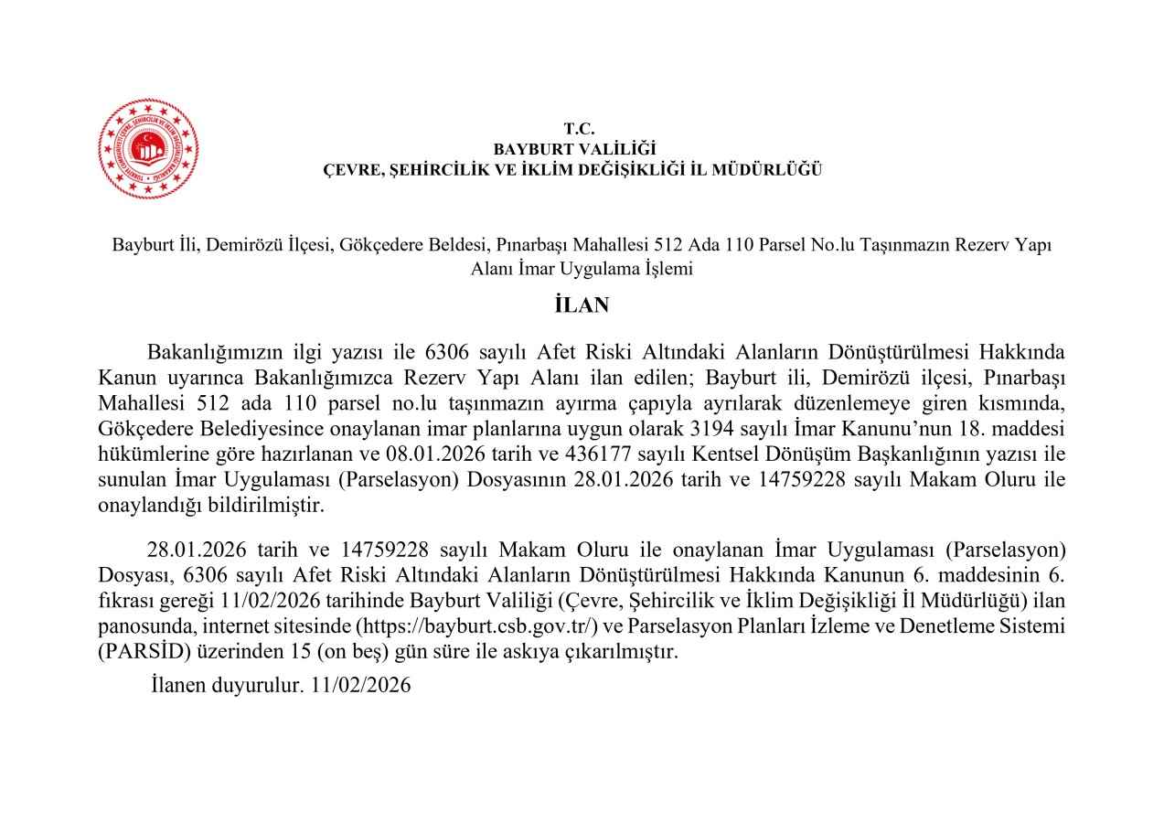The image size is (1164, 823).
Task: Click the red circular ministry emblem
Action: [x=148, y=148]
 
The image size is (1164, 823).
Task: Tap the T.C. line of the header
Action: [x=580, y=129]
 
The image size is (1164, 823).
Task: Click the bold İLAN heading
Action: [x=582, y=305]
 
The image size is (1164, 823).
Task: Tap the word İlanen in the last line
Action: [x=178, y=685]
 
